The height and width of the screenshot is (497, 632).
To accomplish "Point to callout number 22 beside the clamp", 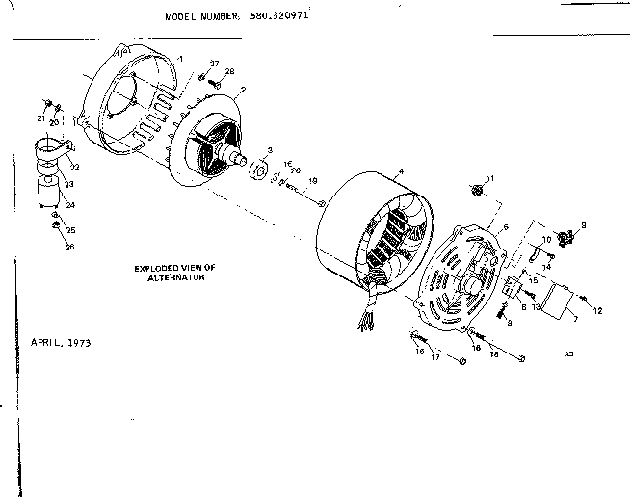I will pyautogui.click(x=75, y=167).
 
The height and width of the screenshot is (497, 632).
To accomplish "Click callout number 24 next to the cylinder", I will pyautogui.click(x=69, y=204).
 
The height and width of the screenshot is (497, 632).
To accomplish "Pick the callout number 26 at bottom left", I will pyautogui.click(x=69, y=247).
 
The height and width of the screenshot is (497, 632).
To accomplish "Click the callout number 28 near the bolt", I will pyautogui.click(x=229, y=72).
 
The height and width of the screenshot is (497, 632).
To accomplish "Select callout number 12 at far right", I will pyautogui.click(x=598, y=310).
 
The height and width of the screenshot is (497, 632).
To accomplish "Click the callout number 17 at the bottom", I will pyautogui.click(x=434, y=358).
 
